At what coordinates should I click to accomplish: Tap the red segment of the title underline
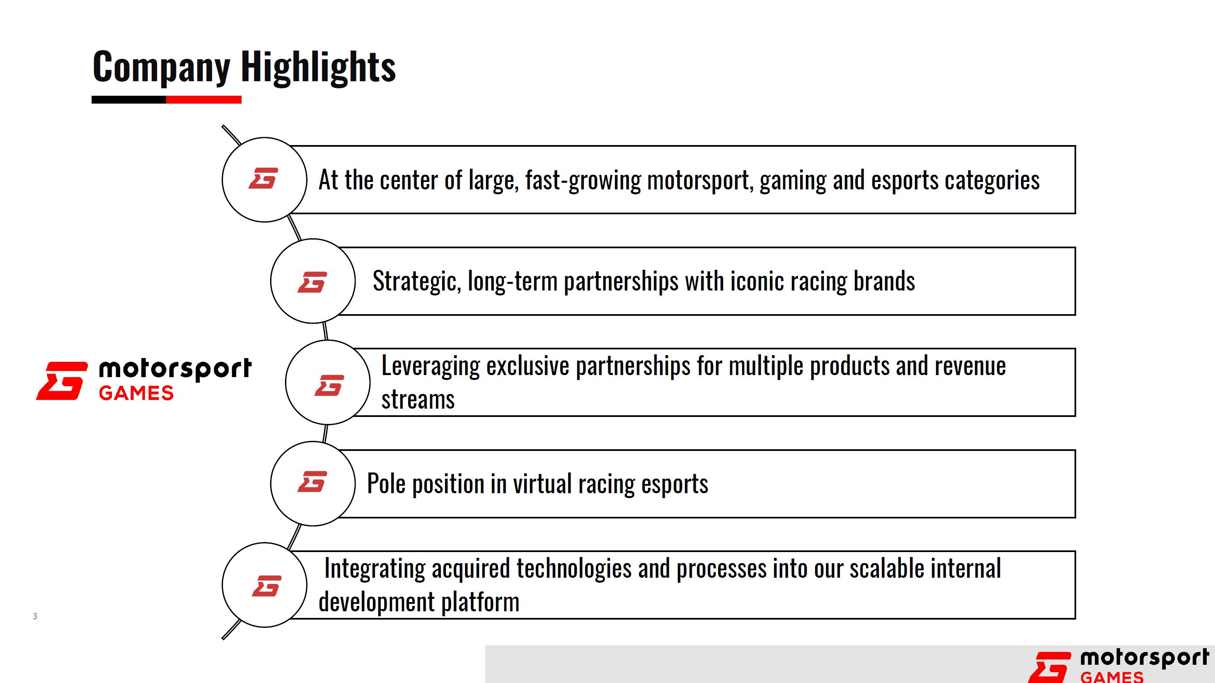(204, 99)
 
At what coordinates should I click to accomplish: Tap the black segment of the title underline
(129, 99)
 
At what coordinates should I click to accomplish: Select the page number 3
(35, 616)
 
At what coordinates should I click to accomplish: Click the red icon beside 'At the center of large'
(264, 178)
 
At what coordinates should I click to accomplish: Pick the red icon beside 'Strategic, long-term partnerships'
(312, 282)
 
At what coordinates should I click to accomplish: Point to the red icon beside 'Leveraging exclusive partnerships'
(329, 385)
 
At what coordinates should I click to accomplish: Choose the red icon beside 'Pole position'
(312, 482)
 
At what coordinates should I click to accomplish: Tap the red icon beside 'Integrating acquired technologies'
(267, 586)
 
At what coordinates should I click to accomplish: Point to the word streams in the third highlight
(418, 400)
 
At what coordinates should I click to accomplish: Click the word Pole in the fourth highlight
(386, 484)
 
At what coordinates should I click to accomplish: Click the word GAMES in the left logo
(136, 393)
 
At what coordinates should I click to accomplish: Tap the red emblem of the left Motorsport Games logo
(62, 380)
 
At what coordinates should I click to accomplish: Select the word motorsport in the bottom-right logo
(1145, 658)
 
